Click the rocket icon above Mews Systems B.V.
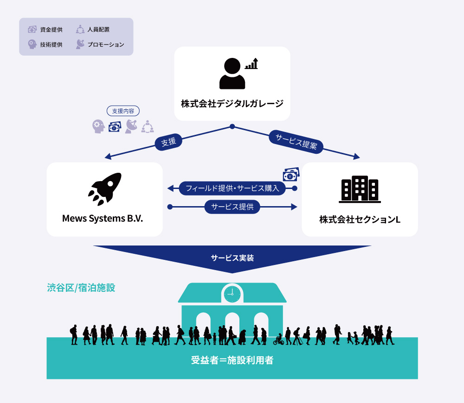(x=105, y=189)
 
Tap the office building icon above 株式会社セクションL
(x=360, y=189)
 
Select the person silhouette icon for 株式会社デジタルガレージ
(x=232, y=74)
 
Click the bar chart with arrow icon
(x=251, y=64)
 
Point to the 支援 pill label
(x=168, y=142)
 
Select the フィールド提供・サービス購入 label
(x=232, y=188)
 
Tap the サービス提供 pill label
(x=232, y=207)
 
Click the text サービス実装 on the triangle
(x=232, y=258)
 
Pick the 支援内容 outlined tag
(x=123, y=111)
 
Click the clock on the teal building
(x=232, y=293)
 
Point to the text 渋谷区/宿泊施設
(x=81, y=288)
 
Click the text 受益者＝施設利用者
(x=232, y=360)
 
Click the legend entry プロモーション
(x=100, y=44)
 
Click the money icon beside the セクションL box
(x=291, y=174)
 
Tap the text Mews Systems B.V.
(x=103, y=218)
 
